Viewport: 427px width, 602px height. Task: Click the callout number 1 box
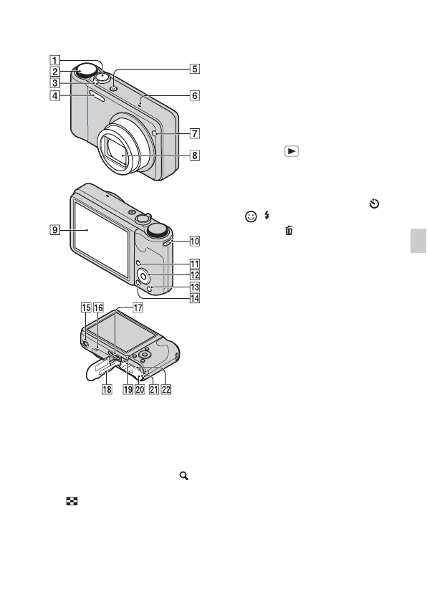(x=55, y=60)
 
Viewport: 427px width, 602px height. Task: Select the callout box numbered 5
(x=195, y=69)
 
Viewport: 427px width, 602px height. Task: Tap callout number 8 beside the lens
(x=195, y=156)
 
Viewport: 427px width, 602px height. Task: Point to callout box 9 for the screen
(x=55, y=230)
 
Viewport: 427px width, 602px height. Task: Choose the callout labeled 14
(x=195, y=298)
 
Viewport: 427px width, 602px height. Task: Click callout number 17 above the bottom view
(x=138, y=307)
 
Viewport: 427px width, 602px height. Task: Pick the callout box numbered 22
(x=166, y=389)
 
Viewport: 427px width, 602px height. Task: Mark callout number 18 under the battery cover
(x=107, y=389)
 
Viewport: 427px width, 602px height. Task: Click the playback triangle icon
(x=292, y=151)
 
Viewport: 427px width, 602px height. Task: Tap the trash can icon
(x=289, y=230)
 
